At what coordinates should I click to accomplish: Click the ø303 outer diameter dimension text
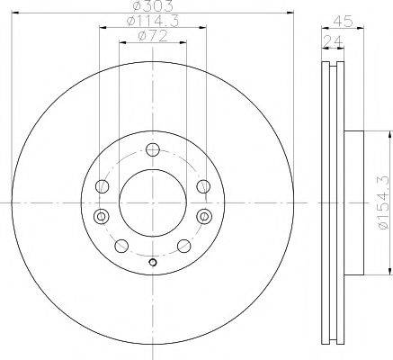click(153, 5)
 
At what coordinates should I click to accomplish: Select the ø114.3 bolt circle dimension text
click(153, 21)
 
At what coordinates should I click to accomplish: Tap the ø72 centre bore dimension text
click(153, 37)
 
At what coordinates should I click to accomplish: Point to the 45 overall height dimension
click(343, 21)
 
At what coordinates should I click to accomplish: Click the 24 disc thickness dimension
click(333, 41)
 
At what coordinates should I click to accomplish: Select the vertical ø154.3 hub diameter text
click(386, 202)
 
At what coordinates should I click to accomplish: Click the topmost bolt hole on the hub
click(153, 149)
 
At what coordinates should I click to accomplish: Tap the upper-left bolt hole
click(102, 186)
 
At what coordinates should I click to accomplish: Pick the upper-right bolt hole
click(203, 186)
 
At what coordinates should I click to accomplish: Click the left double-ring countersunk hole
click(102, 216)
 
